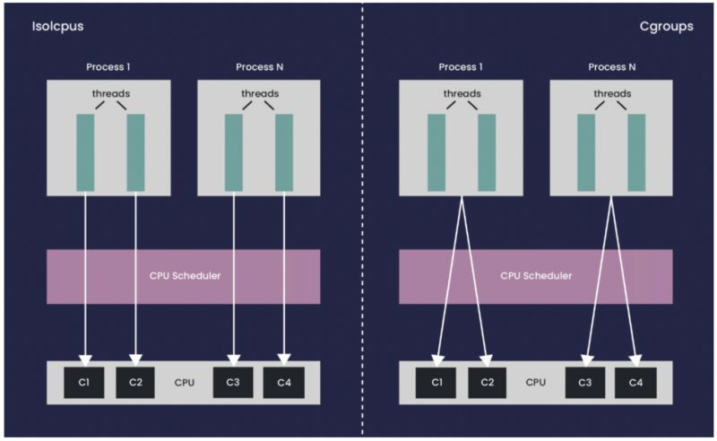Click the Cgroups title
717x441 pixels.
(x=665, y=27)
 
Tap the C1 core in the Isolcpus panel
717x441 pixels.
(x=85, y=382)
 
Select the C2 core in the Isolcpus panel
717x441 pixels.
(x=135, y=382)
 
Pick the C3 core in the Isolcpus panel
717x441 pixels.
(x=233, y=382)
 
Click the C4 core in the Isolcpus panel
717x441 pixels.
(x=283, y=382)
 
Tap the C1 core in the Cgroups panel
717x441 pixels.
(x=436, y=382)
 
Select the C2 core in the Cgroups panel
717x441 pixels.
(x=487, y=382)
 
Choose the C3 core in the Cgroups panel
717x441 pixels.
(x=584, y=382)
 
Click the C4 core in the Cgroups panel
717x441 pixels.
(x=635, y=382)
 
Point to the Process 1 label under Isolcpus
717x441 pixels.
(x=109, y=67)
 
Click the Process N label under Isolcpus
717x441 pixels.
(x=259, y=67)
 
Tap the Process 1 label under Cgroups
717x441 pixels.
(x=462, y=67)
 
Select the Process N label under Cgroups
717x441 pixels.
(x=611, y=67)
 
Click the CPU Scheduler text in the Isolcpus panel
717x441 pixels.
(x=184, y=275)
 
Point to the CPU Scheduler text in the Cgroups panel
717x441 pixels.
(x=536, y=275)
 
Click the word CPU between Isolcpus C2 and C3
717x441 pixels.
(x=184, y=383)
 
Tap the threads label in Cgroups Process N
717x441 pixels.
(x=611, y=92)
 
